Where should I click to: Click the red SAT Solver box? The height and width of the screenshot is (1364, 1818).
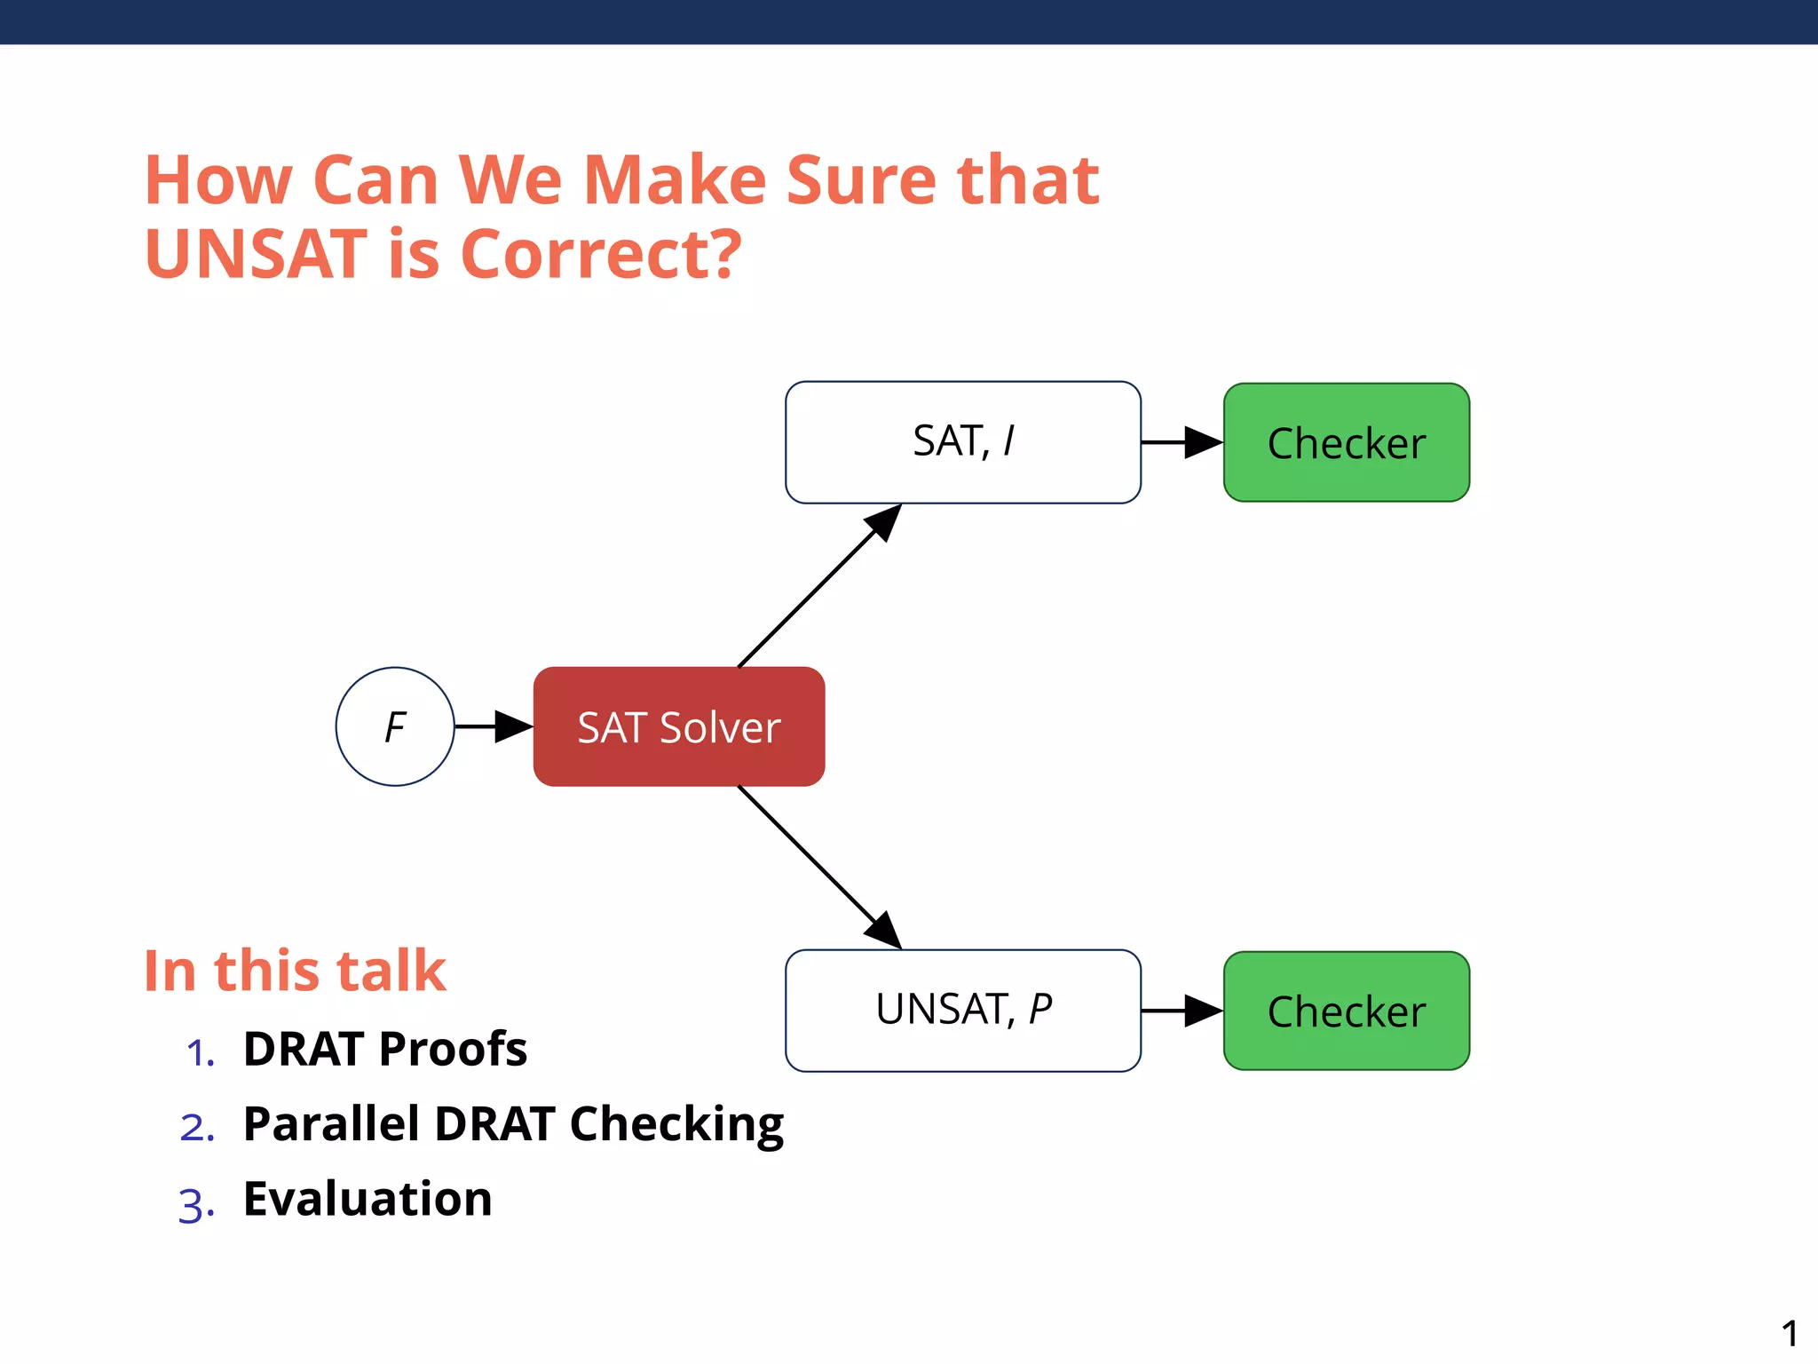(679, 726)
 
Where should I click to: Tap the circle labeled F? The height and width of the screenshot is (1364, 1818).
(395, 726)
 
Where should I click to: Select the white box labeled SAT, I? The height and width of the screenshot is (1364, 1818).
(963, 442)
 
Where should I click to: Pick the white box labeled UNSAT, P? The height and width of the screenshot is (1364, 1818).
(963, 1011)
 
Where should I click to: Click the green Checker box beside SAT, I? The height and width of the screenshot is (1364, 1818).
(1347, 442)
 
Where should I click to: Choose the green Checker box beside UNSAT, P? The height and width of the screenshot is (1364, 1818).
(1347, 1011)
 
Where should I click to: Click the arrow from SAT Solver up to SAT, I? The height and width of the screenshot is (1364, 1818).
(817, 588)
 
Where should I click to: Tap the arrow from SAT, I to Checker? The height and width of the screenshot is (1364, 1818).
(1181, 442)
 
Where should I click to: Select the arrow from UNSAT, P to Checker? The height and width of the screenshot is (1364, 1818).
(1181, 1011)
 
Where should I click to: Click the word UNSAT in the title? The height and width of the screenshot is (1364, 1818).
(256, 254)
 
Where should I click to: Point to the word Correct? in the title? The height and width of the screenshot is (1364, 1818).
(601, 254)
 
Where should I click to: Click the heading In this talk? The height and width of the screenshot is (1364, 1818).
(295, 970)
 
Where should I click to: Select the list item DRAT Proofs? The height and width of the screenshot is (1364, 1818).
(385, 1049)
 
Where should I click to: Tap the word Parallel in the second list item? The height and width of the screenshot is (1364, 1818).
(331, 1124)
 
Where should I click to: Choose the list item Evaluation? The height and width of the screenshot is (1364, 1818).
(368, 1199)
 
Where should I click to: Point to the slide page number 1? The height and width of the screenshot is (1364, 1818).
(1790, 1333)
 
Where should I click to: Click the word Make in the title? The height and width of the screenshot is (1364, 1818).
(675, 180)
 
